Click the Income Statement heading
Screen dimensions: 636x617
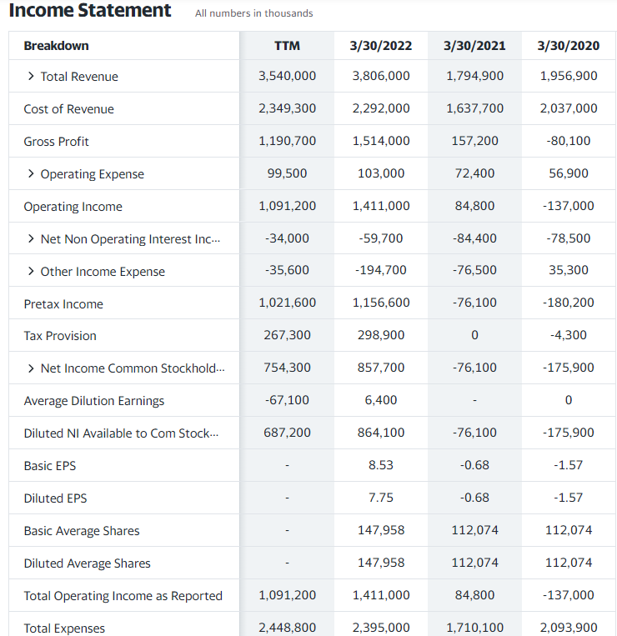tap(90, 11)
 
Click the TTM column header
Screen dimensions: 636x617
tap(287, 45)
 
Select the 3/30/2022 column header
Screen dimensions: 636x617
tap(381, 45)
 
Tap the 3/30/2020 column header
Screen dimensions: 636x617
tap(569, 45)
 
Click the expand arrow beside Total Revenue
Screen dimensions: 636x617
tap(31, 77)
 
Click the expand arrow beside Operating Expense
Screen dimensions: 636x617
tap(31, 174)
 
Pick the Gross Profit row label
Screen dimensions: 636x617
tap(57, 142)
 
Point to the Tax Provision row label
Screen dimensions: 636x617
tap(60, 336)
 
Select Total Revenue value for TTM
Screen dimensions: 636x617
tap(287, 76)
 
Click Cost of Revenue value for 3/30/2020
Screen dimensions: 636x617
tap(569, 108)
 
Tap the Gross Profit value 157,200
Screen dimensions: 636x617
tap(474, 141)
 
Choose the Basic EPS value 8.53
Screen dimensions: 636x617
tap(381, 465)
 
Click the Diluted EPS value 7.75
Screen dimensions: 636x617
tap(381, 498)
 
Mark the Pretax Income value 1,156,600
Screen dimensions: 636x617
tap(381, 303)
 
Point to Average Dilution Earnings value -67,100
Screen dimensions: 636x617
tap(287, 400)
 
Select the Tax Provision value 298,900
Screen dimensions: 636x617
tap(381, 335)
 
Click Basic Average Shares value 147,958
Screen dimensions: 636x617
tap(381, 530)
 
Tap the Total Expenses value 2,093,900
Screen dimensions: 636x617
tap(569, 628)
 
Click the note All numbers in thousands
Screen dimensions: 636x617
tap(254, 13)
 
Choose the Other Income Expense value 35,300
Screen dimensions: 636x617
tap(569, 270)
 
